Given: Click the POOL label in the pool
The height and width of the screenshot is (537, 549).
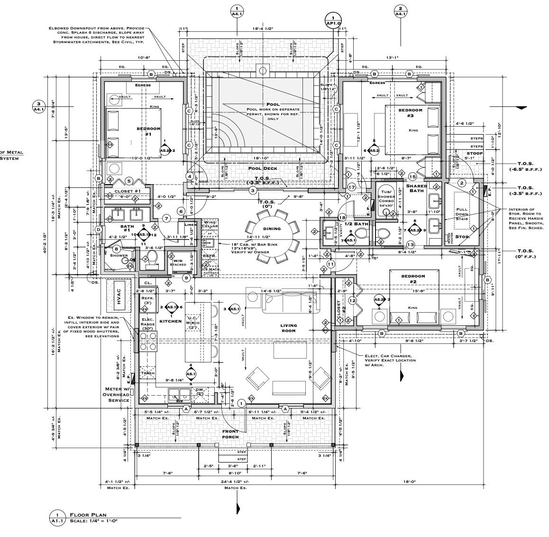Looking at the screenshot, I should click(x=273, y=104).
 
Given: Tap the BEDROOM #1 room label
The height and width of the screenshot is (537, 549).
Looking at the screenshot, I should click(x=148, y=131).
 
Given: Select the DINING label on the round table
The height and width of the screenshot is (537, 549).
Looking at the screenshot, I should click(x=272, y=229).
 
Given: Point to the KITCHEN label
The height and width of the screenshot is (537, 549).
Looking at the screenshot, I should click(x=171, y=321).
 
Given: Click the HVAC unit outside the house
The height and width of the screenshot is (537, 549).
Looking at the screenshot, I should click(x=119, y=296).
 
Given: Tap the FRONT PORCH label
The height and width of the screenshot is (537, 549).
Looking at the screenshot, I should click(x=230, y=434).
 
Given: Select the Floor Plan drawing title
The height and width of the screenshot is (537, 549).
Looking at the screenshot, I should click(x=88, y=515).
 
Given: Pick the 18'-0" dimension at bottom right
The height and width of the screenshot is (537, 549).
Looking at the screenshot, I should click(x=410, y=481).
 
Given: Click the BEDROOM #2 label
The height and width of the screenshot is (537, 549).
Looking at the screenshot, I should click(x=413, y=278).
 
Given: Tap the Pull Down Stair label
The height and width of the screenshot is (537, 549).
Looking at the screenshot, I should click(x=462, y=214).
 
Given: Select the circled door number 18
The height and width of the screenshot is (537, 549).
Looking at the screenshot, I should click(x=342, y=217).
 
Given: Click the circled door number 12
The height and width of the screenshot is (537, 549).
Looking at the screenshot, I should click(x=352, y=300).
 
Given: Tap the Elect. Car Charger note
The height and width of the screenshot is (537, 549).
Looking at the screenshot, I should click(x=390, y=361).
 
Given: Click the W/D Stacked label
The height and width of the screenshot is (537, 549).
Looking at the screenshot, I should click(x=178, y=262).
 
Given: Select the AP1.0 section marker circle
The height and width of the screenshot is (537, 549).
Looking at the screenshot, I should click(x=333, y=19).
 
